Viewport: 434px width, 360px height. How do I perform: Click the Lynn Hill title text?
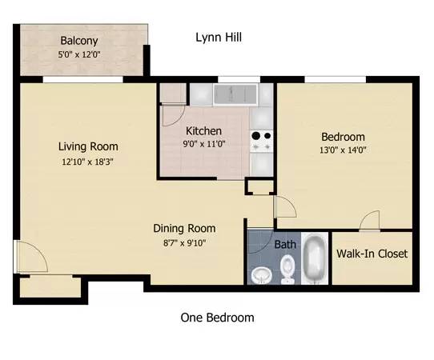tap(219, 38)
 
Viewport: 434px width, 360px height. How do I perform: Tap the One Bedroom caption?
tap(217, 318)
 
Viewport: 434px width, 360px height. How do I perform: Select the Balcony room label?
tap(79, 41)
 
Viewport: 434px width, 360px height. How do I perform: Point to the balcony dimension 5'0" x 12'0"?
tap(79, 54)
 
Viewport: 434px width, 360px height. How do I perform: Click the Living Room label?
tap(88, 146)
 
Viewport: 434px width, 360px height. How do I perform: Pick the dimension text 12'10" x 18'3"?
tap(88, 162)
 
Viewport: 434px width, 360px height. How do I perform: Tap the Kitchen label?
tap(203, 130)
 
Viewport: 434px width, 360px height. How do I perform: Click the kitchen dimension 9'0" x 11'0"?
tap(204, 144)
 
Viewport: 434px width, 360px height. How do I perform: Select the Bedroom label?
tap(343, 137)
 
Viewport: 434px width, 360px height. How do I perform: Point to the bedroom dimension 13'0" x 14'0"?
tap(343, 150)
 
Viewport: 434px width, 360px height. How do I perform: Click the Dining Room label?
tap(184, 228)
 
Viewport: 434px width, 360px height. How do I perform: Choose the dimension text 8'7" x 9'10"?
tap(184, 243)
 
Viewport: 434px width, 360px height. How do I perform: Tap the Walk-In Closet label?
tap(372, 254)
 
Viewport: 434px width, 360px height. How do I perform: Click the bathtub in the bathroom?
tap(315, 258)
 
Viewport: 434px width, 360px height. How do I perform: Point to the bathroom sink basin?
tap(261, 276)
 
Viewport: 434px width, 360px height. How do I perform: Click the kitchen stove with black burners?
tap(261, 141)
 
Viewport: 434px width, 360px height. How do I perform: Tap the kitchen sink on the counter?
tap(235, 94)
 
